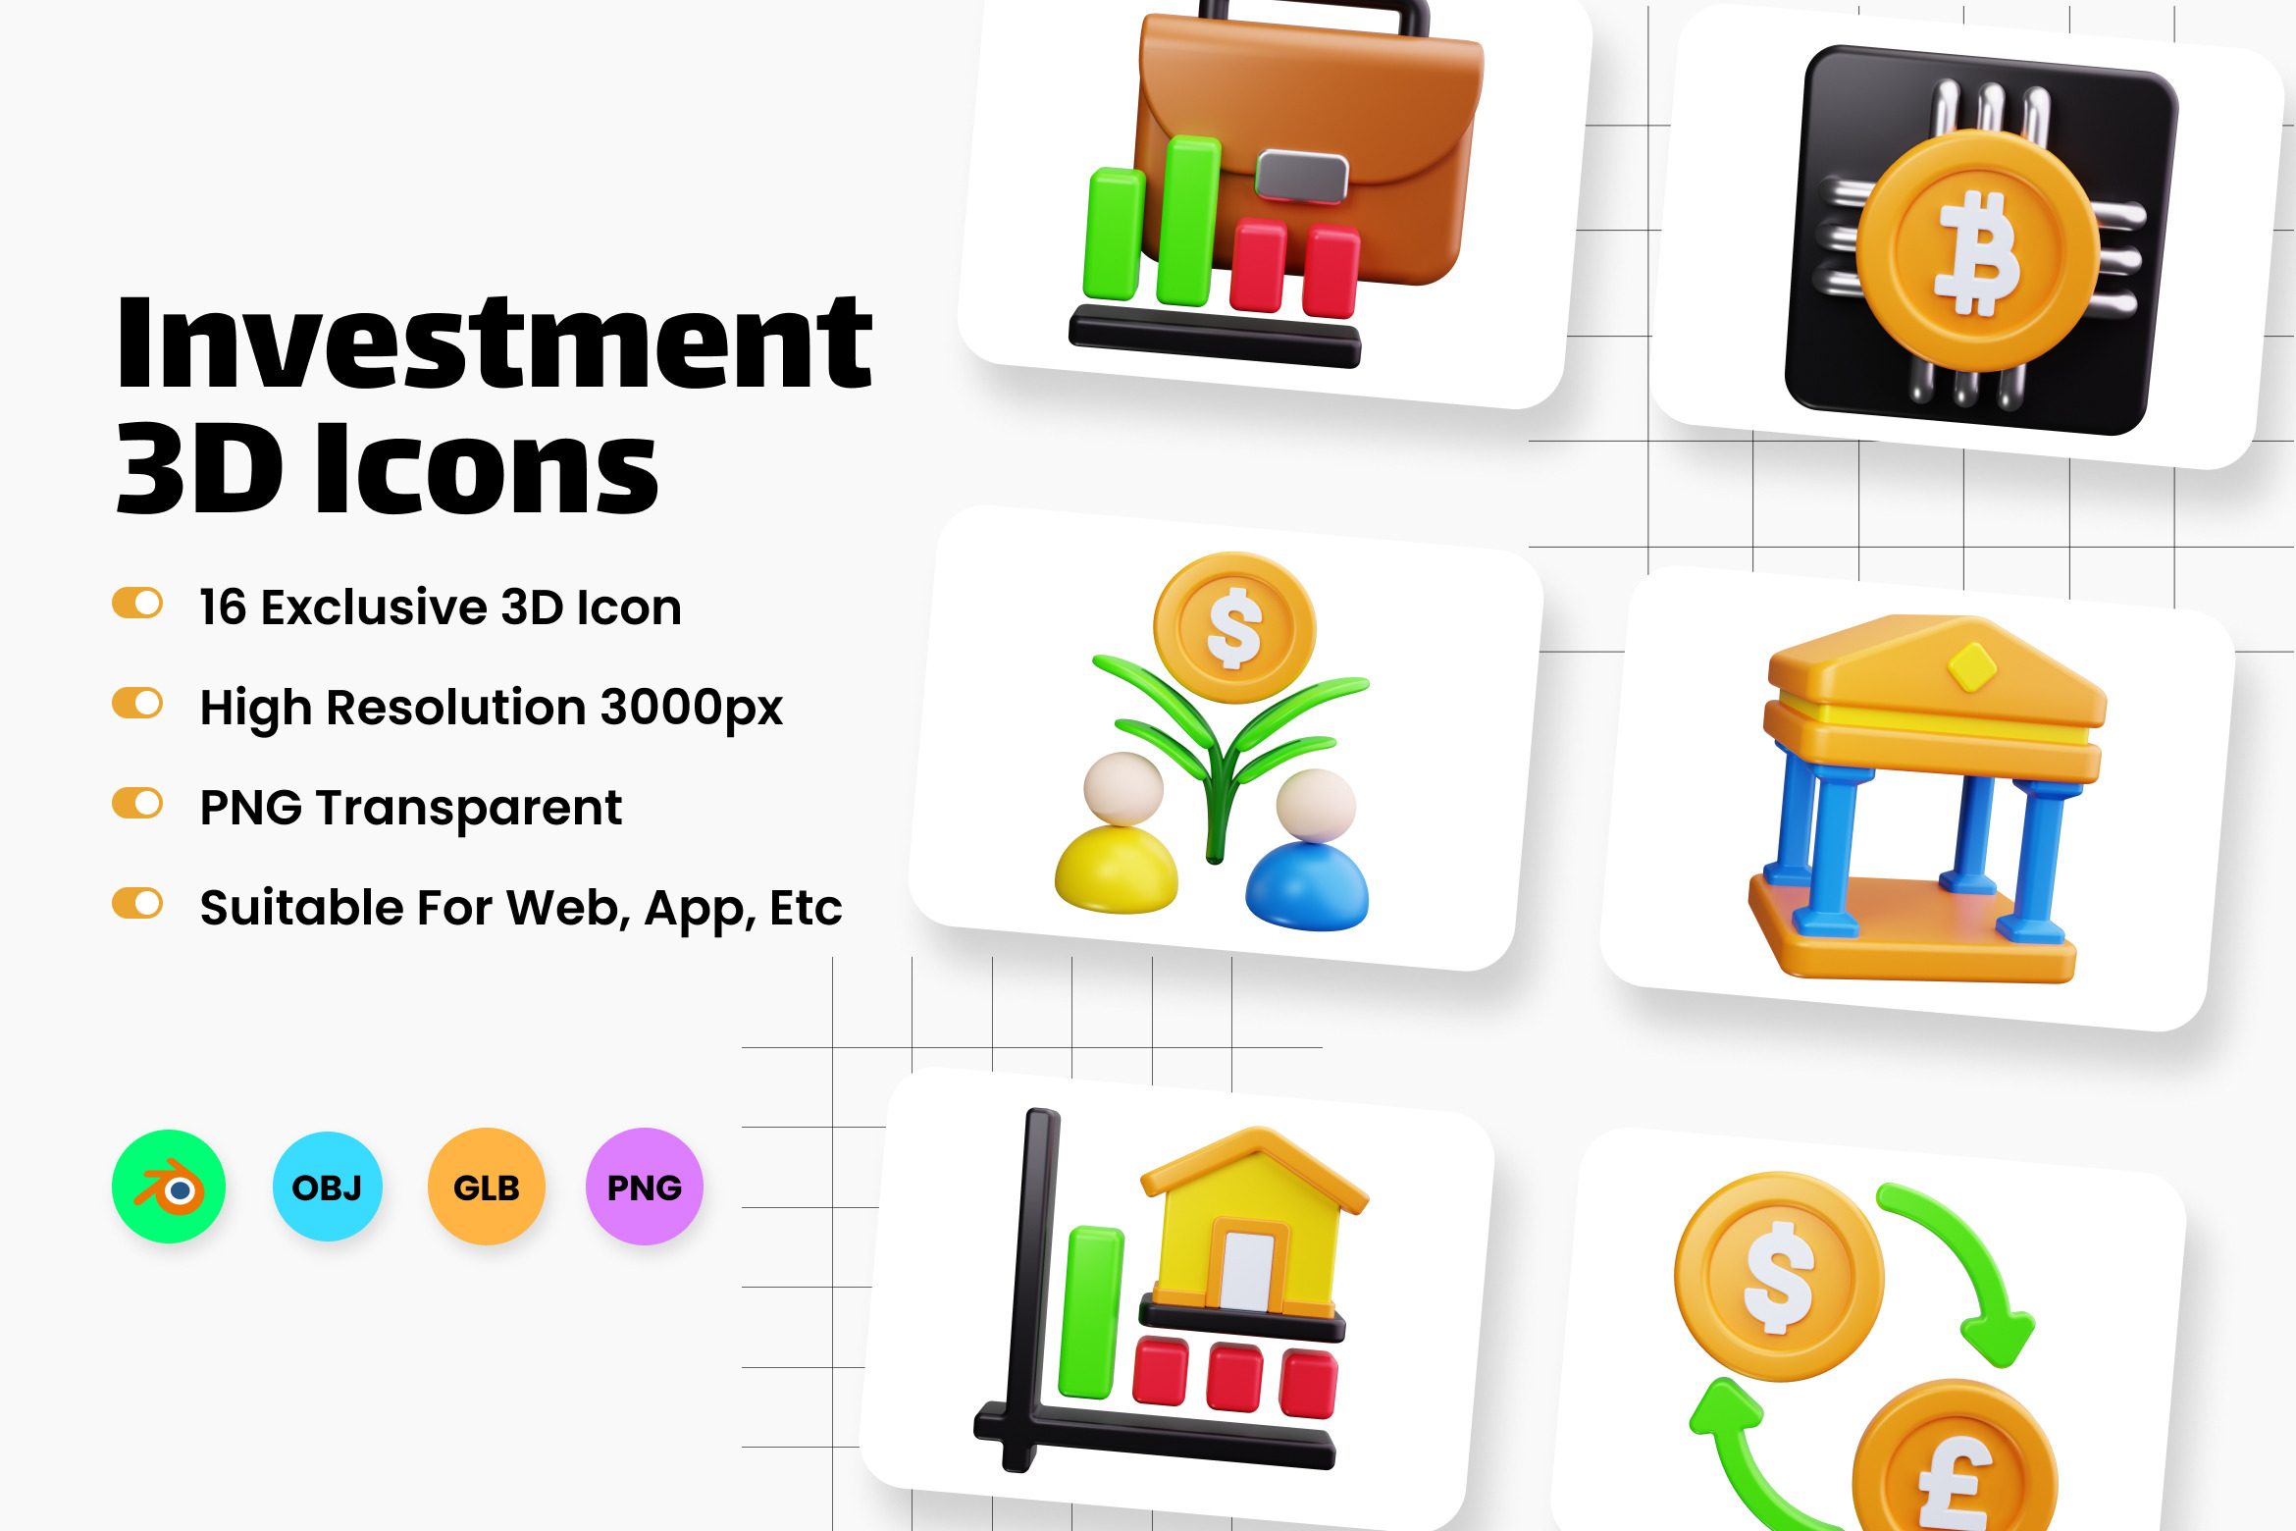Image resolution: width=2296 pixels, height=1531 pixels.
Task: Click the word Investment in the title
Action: (x=494, y=343)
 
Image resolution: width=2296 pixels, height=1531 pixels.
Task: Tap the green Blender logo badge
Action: (x=169, y=1187)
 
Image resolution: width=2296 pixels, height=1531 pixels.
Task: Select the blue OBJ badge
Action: (x=328, y=1187)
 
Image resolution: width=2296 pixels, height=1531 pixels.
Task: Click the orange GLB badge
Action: (x=487, y=1187)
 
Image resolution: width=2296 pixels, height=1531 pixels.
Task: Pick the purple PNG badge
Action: (x=645, y=1187)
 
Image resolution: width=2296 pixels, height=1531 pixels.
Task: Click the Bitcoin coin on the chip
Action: (x=1976, y=251)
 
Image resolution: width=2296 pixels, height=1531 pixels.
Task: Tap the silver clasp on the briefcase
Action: (x=1302, y=177)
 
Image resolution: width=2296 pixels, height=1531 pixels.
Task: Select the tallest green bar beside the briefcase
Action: (x=1187, y=221)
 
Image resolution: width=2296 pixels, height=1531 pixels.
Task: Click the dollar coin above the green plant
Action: (x=1234, y=628)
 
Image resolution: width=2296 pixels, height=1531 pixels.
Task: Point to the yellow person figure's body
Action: (x=1117, y=871)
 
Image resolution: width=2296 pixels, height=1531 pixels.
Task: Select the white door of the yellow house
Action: (x=1247, y=1271)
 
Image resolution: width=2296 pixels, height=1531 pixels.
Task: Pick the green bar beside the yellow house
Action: (x=1090, y=1312)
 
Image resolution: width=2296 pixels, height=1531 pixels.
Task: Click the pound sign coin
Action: (x=1955, y=1457)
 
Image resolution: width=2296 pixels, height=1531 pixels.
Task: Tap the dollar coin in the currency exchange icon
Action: (x=1779, y=1277)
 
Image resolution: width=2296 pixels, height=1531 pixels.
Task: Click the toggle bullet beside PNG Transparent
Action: (x=137, y=803)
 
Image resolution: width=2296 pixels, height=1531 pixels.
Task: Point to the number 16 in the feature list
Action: (x=223, y=607)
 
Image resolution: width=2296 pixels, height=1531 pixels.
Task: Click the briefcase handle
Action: (x=1315, y=16)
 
